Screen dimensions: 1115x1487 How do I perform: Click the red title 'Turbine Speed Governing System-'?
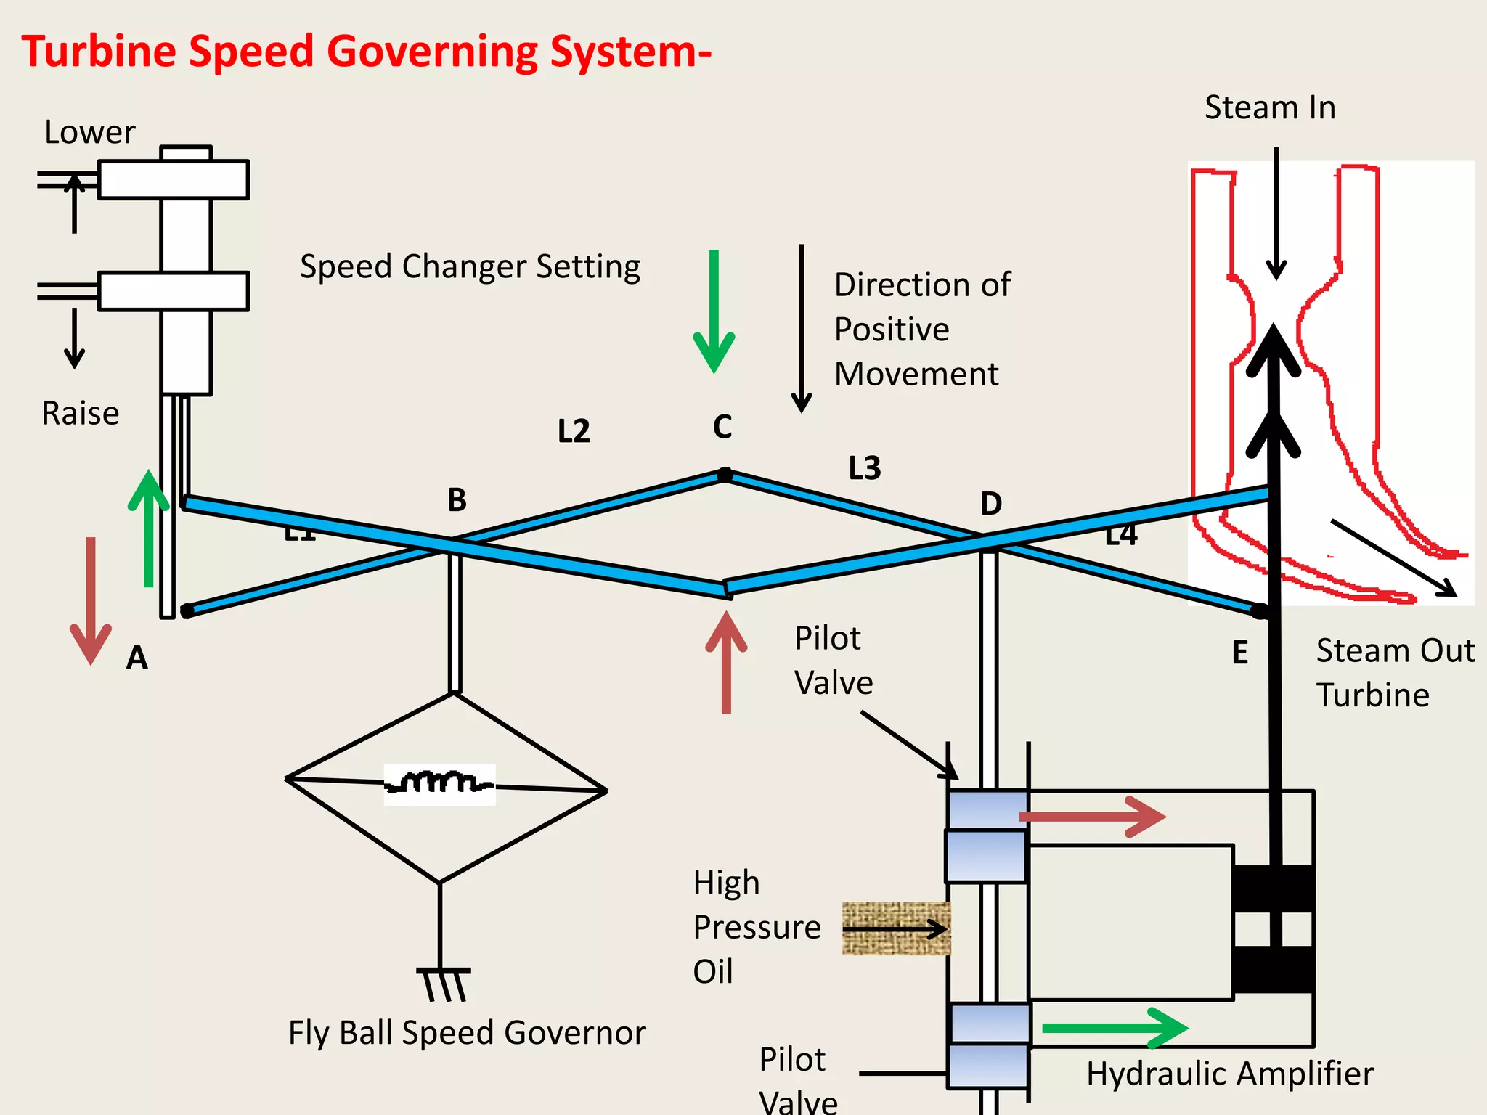click(x=366, y=52)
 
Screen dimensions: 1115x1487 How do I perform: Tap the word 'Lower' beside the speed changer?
click(x=89, y=133)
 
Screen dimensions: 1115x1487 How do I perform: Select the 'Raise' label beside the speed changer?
click(x=80, y=414)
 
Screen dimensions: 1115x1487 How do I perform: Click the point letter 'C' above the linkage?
click(x=722, y=427)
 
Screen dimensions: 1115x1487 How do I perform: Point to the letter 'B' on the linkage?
click(x=457, y=500)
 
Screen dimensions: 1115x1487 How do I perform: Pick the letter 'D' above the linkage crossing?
click(x=991, y=504)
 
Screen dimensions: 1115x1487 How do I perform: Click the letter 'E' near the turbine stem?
click(x=1240, y=653)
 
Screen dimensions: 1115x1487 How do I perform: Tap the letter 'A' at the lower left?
click(x=137, y=658)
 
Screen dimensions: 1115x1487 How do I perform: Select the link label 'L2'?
click(x=574, y=432)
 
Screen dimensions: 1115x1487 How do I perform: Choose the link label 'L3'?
click(x=865, y=469)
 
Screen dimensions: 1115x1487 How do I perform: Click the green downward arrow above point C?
click(x=714, y=312)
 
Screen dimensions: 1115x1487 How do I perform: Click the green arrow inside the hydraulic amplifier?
click(x=1114, y=1028)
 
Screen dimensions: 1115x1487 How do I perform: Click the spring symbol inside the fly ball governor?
click(x=440, y=784)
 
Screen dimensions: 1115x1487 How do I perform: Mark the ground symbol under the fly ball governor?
click(x=444, y=983)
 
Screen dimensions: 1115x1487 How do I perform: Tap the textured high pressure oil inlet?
click(x=896, y=928)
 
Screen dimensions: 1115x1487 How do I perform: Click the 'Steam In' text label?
click(x=1270, y=108)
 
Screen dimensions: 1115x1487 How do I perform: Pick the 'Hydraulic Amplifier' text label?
click(x=1230, y=1074)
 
